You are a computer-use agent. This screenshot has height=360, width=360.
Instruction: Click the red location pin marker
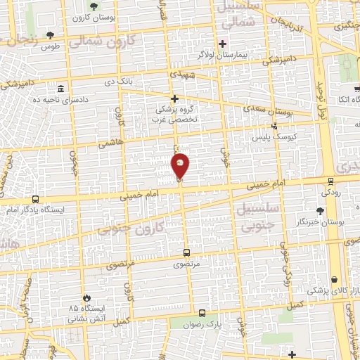point(181,166)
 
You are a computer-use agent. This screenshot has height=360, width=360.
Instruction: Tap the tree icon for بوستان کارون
point(94,7)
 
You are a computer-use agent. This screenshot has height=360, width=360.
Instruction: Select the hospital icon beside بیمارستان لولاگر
point(222,43)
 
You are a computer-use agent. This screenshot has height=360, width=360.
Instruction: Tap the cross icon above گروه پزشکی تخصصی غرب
point(175,99)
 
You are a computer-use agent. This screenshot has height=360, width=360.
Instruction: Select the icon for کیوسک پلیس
point(274,126)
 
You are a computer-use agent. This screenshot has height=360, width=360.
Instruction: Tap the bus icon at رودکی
point(330,181)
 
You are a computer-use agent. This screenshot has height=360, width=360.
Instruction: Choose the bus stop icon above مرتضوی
point(186,252)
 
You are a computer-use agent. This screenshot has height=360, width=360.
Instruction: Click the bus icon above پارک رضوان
point(202,313)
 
